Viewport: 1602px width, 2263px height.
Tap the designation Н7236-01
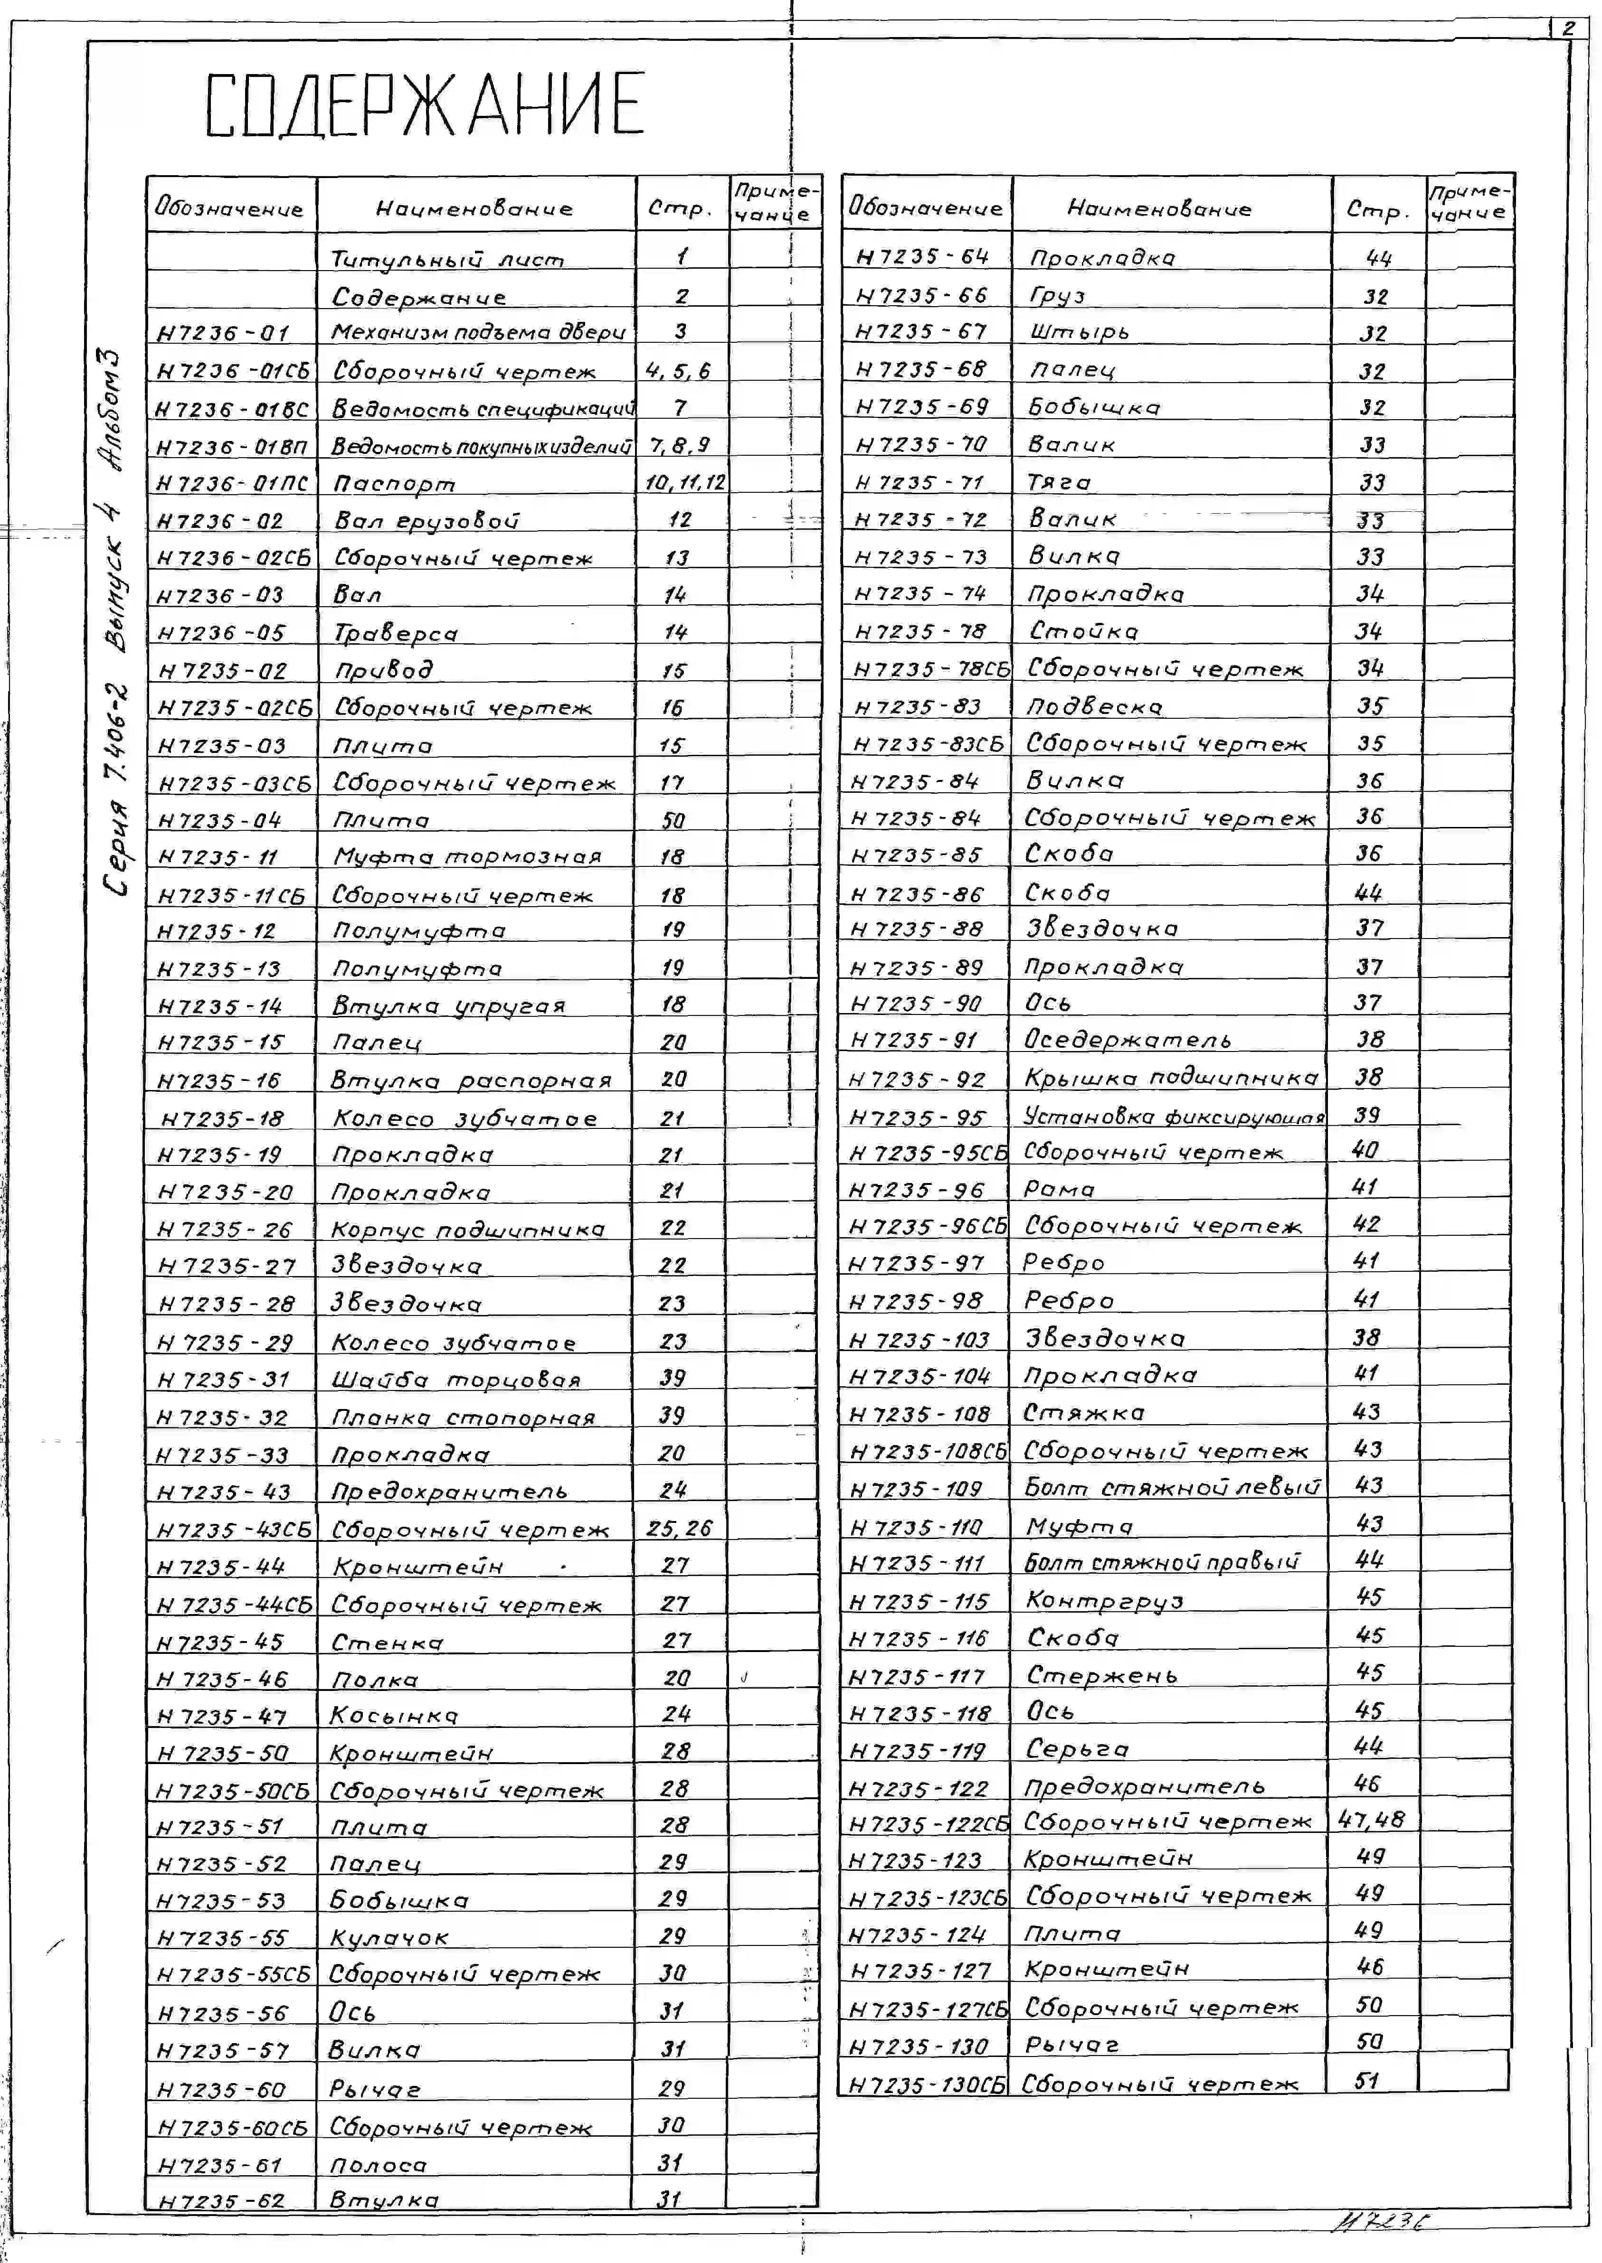click(x=223, y=333)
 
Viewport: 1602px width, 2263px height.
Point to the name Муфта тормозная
click(x=466, y=857)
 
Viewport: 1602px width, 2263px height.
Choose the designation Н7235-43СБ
click(x=234, y=1530)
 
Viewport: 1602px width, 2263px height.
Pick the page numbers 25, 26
click(x=679, y=1529)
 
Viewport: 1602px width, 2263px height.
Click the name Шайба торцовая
click(x=456, y=1380)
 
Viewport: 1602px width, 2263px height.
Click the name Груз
click(x=1058, y=296)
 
